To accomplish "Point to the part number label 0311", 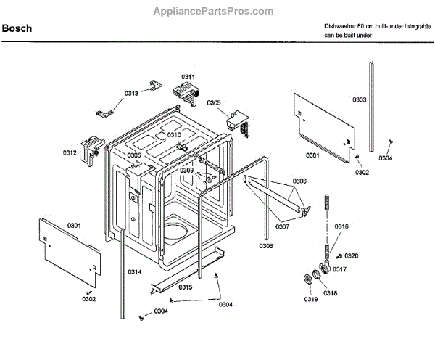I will [x=188, y=77].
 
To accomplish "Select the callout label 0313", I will [x=131, y=93].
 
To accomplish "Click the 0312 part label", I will [x=70, y=152].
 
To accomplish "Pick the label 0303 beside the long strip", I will [x=359, y=99].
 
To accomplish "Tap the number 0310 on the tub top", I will [x=174, y=135].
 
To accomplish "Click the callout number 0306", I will [x=299, y=181].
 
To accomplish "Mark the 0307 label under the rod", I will [x=283, y=226].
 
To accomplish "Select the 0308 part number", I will [x=266, y=245].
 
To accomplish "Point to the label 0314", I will [x=135, y=271].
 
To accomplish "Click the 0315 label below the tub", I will [x=186, y=287].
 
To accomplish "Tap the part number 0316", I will [x=341, y=227].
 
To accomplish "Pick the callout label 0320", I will [x=352, y=255].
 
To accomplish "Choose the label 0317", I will [x=339, y=269].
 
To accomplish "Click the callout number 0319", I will [x=310, y=298].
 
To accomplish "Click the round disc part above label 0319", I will [x=310, y=282].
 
